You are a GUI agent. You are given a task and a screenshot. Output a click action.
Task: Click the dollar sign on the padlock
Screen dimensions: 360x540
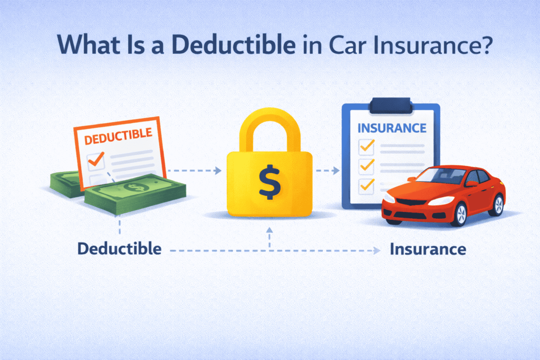click(x=269, y=181)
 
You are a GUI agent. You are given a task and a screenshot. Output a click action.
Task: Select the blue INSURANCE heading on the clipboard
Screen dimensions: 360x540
click(x=391, y=128)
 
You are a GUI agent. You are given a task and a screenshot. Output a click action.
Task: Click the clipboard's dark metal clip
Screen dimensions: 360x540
click(x=391, y=105)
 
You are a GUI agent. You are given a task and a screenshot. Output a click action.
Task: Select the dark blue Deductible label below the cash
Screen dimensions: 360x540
click(x=119, y=248)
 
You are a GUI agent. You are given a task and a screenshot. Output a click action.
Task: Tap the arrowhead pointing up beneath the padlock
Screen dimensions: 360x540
click(x=269, y=230)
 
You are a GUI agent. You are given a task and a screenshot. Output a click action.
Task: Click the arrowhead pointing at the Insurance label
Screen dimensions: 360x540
click(x=377, y=250)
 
